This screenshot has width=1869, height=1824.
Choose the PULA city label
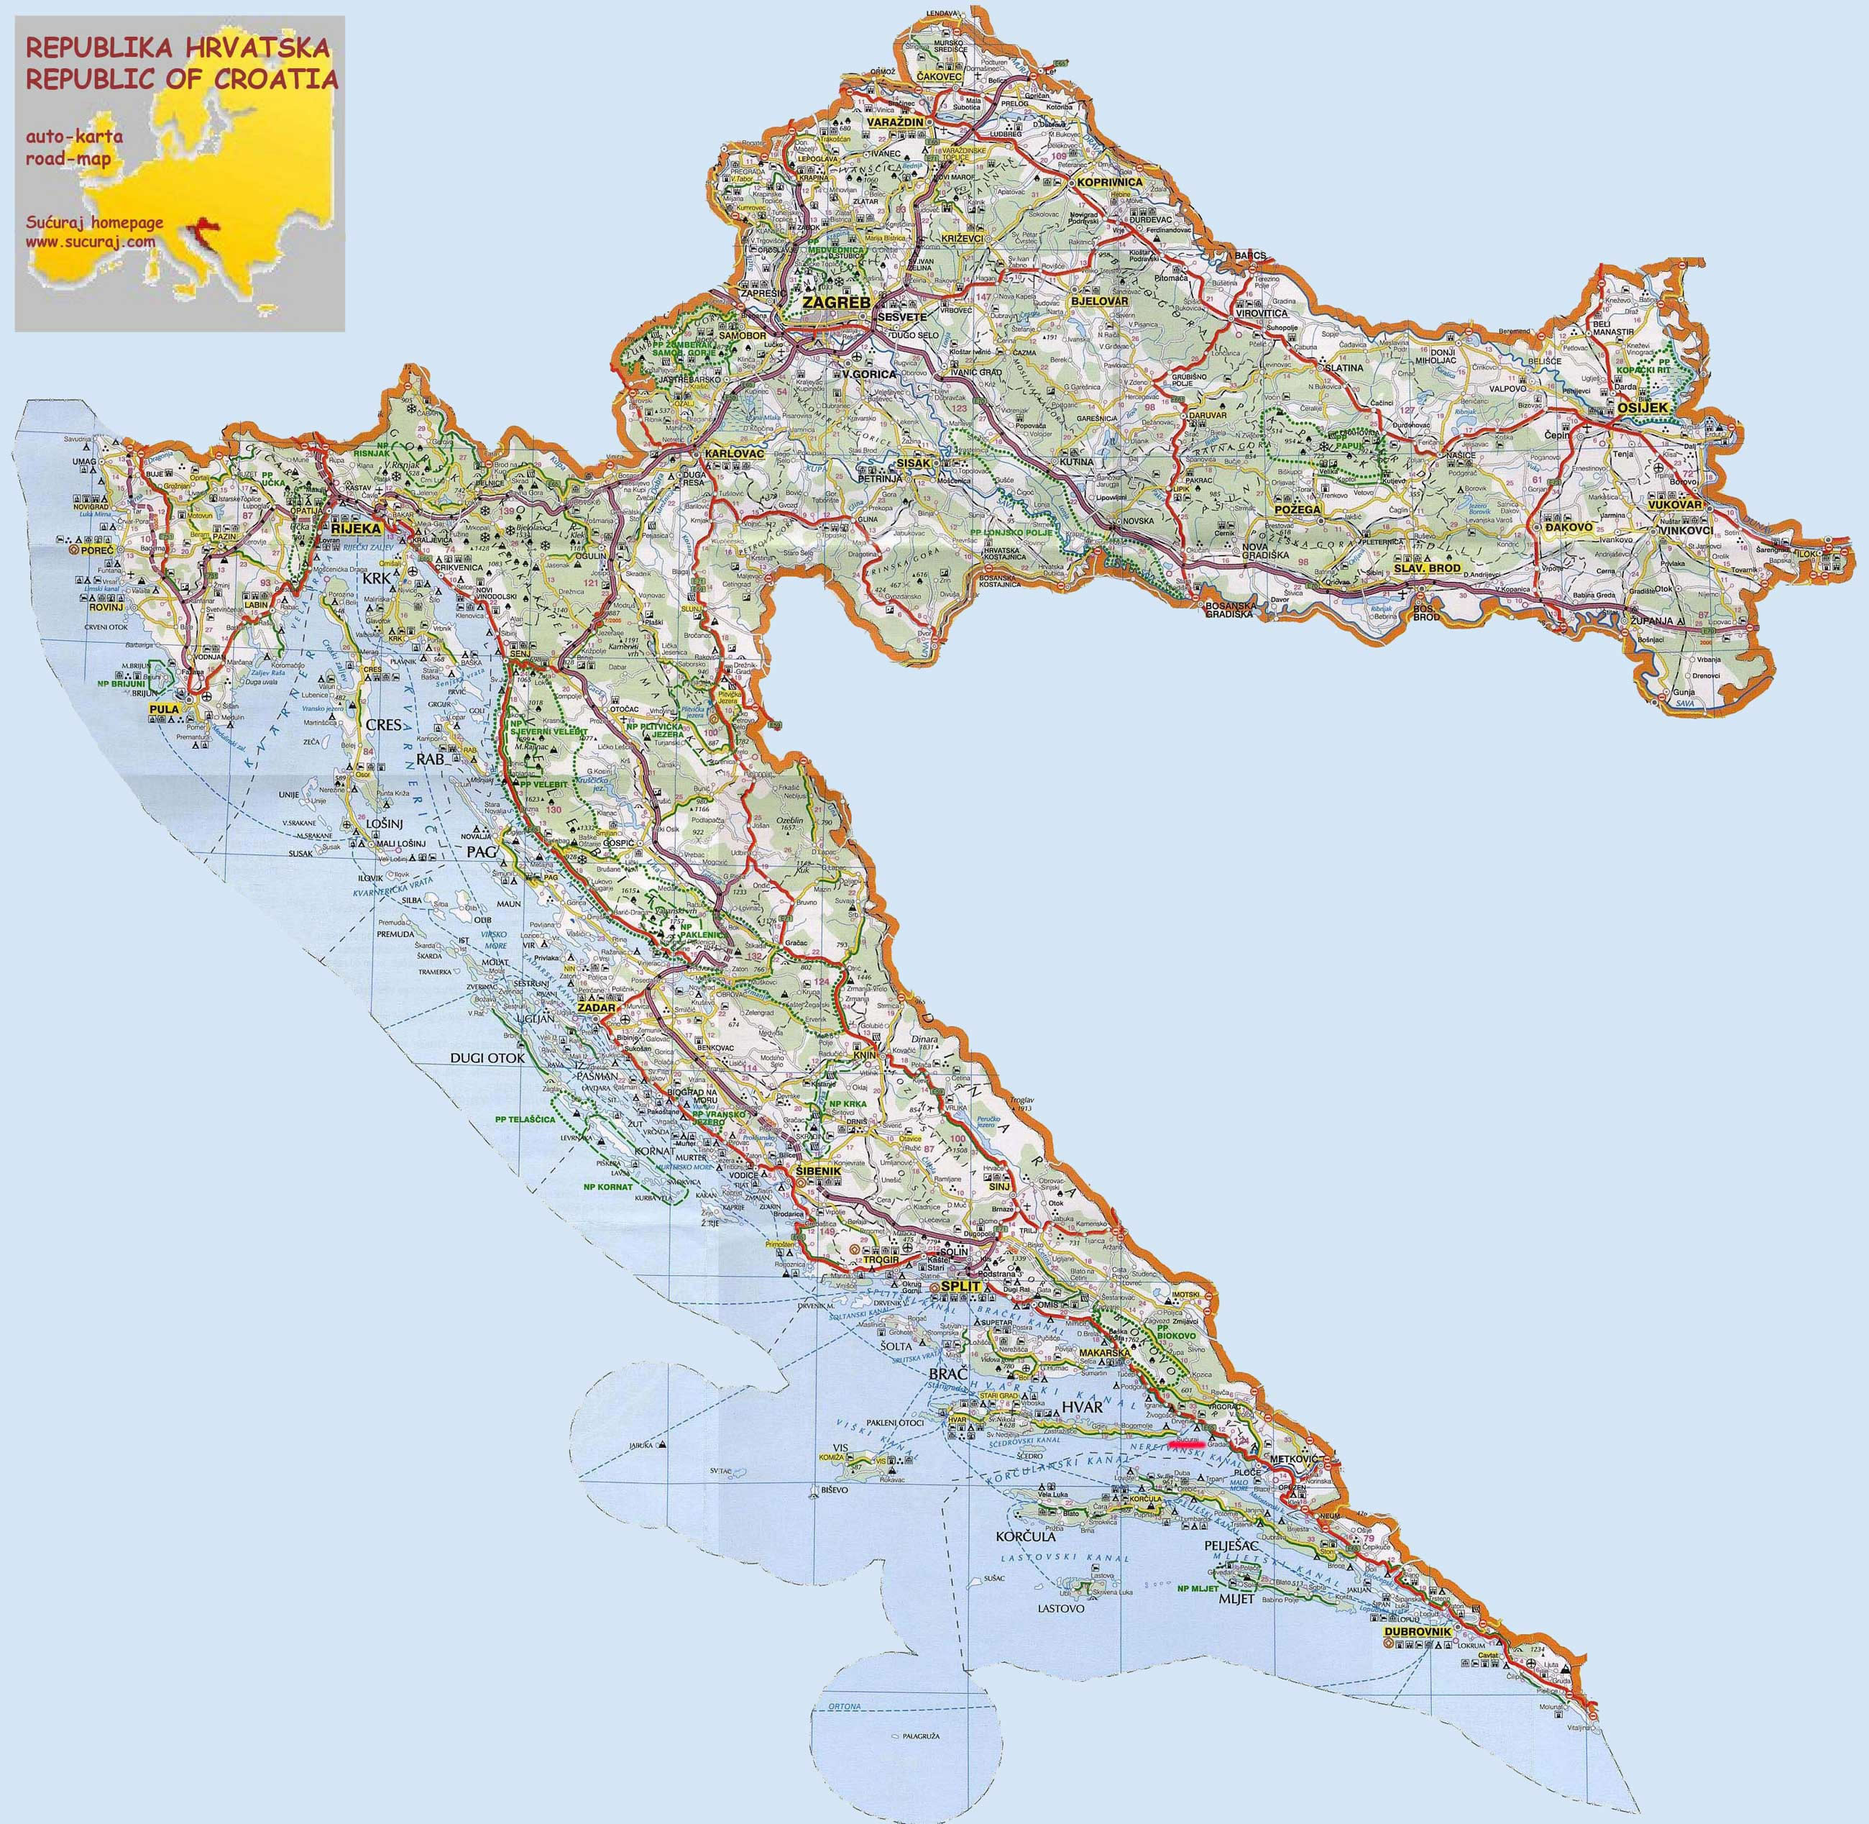164,710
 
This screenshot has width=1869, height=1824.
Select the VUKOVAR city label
1673,504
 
